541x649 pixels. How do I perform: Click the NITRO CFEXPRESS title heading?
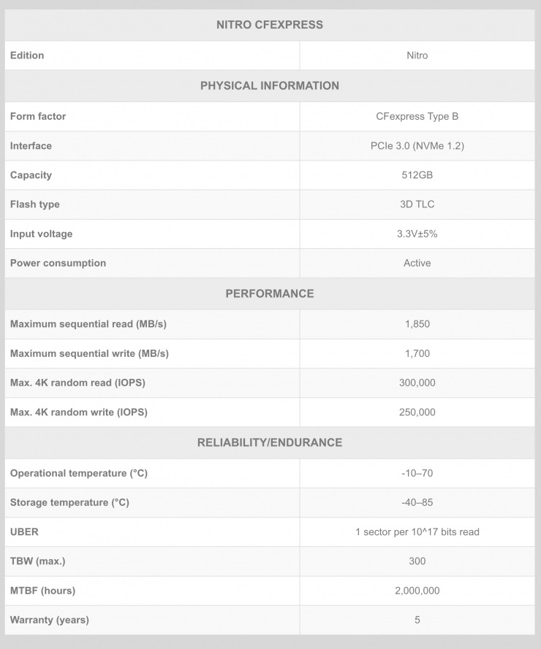[x=270, y=25]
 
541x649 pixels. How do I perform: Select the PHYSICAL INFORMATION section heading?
[x=270, y=85]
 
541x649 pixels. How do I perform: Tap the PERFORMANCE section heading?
[x=270, y=293]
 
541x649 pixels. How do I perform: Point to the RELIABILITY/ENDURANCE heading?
[x=270, y=442]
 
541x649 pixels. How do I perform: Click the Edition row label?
[x=27, y=55]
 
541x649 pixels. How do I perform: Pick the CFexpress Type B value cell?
[x=417, y=116]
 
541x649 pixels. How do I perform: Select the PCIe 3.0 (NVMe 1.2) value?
[x=417, y=146]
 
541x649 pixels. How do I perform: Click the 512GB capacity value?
[x=417, y=175]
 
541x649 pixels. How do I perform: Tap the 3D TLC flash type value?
[x=417, y=204]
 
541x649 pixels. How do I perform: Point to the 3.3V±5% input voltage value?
[x=417, y=234]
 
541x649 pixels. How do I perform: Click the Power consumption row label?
[x=58, y=263]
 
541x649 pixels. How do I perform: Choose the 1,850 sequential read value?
[x=417, y=324]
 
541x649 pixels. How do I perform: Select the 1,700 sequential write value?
[x=417, y=353]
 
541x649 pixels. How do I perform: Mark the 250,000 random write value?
[x=417, y=412]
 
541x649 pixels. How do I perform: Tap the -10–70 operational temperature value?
[x=417, y=473]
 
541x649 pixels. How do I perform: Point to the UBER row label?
[x=24, y=532]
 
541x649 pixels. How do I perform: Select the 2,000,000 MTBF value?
[x=417, y=591]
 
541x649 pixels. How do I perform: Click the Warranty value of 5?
[x=417, y=620]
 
